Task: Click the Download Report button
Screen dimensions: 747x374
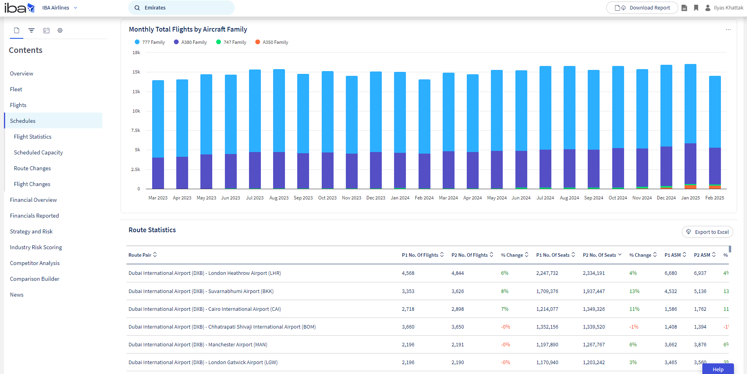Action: (642, 8)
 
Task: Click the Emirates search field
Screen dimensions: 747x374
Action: (181, 8)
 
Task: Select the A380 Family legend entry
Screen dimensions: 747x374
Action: (190, 42)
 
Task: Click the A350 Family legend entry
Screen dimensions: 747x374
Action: (272, 42)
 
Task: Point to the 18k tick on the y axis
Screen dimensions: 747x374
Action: (136, 53)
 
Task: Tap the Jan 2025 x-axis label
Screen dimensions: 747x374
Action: (690, 198)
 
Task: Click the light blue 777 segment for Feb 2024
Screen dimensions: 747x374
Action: (424, 117)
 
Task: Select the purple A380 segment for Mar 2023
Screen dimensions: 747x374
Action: (158, 173)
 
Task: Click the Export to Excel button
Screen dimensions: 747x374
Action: (707, 232)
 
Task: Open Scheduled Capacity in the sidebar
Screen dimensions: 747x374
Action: (38, 152)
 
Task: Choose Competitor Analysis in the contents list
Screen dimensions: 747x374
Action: (35, 263)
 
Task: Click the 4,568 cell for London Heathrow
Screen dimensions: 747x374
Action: (408, 273)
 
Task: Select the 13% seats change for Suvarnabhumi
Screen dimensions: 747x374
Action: (634, 291)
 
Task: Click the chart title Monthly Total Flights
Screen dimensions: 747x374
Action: (188, 29)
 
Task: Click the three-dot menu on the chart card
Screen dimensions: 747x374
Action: (728, 30)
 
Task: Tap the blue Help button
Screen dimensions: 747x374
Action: (718, 369)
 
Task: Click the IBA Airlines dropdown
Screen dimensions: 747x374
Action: (60, 8)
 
